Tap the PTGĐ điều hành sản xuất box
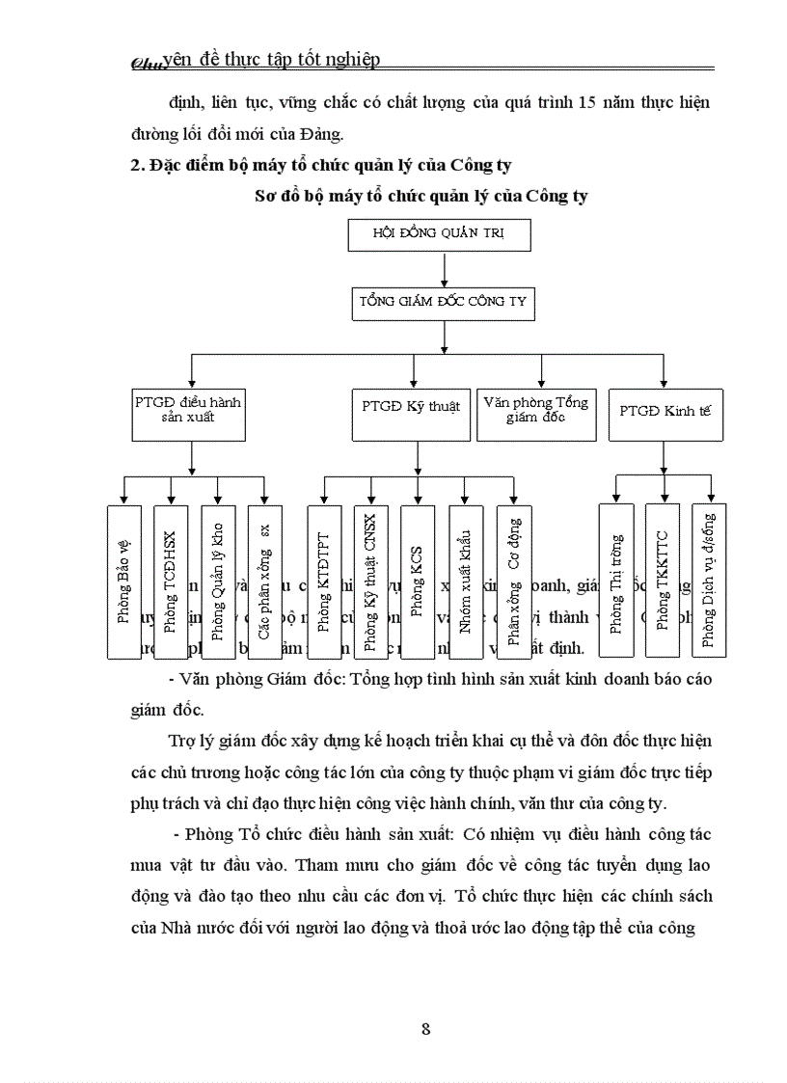click(x=188, y=413)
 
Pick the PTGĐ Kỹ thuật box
click(x=412, y=408)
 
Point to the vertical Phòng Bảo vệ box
click(x=123, y=581)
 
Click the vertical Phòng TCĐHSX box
click(x=171, y=581)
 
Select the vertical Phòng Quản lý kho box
click(x=218, y=581)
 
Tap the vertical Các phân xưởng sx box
click(x=264, y=581)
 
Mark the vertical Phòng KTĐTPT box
click(x=324, y=581)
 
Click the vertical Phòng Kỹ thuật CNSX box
click(x=370, y=581)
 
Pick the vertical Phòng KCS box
click(x=418, y=581)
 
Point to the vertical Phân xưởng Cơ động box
click(x=513, y=581)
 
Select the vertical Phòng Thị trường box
click(x=616, y=581)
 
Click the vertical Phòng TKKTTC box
click(x=663, y=581)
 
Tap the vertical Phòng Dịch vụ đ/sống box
click(x=710, y=581)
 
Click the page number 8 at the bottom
click(x=425, y=1027)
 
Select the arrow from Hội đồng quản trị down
click(x=443, y=268)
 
